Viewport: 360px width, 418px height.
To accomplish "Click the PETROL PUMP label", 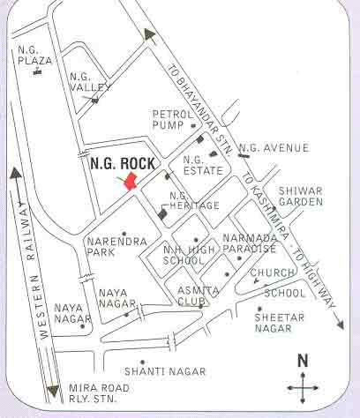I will click(x=172, y=120).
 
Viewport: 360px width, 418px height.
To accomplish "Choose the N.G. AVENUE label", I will click(x=274, y=147).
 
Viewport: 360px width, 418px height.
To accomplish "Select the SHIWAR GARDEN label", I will click(x=301, y=196).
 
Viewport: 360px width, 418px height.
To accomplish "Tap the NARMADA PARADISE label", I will click(x=250, y=244).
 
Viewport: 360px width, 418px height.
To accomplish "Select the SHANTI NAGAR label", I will click(x=164, y=371).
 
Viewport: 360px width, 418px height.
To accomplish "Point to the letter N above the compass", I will click(x=302, y=360).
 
